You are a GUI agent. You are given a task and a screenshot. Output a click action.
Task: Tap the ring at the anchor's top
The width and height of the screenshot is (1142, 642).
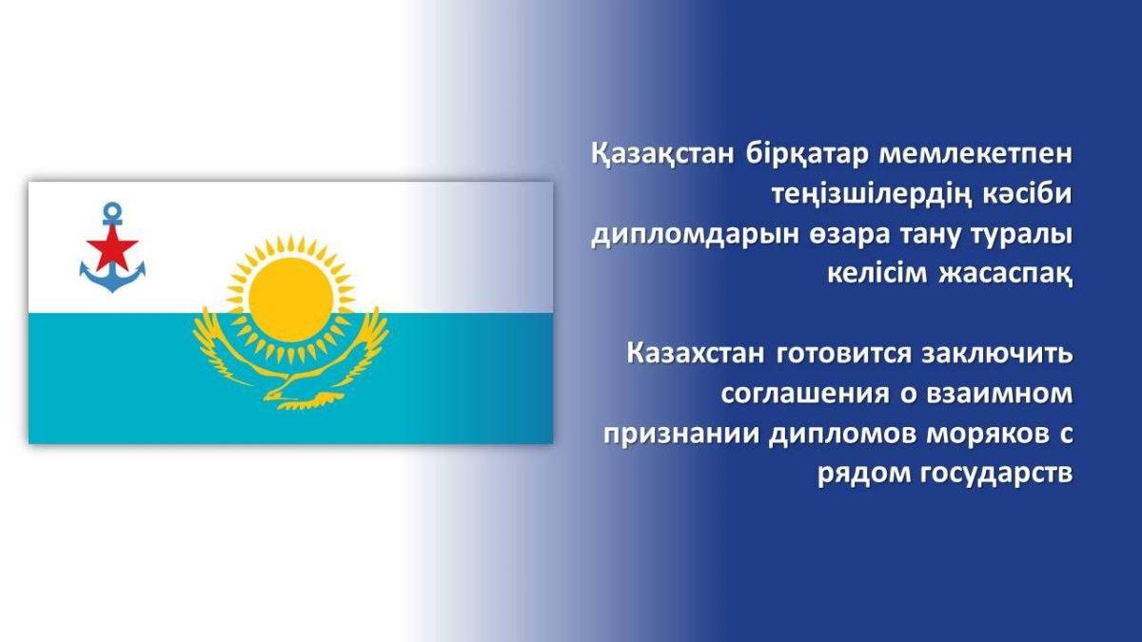112,210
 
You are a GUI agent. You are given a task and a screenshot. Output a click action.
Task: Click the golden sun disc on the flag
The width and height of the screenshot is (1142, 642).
290,300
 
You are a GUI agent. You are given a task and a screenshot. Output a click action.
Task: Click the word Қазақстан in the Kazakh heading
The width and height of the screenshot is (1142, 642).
662,154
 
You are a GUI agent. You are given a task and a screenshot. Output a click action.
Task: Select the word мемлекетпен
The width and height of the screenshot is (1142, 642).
975,154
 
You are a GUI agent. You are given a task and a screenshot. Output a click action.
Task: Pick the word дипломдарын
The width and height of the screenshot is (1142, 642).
696,236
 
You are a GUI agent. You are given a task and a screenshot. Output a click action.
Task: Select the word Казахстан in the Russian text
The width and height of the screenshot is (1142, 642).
696,354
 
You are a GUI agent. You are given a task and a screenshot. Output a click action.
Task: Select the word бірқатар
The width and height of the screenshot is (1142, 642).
807,155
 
